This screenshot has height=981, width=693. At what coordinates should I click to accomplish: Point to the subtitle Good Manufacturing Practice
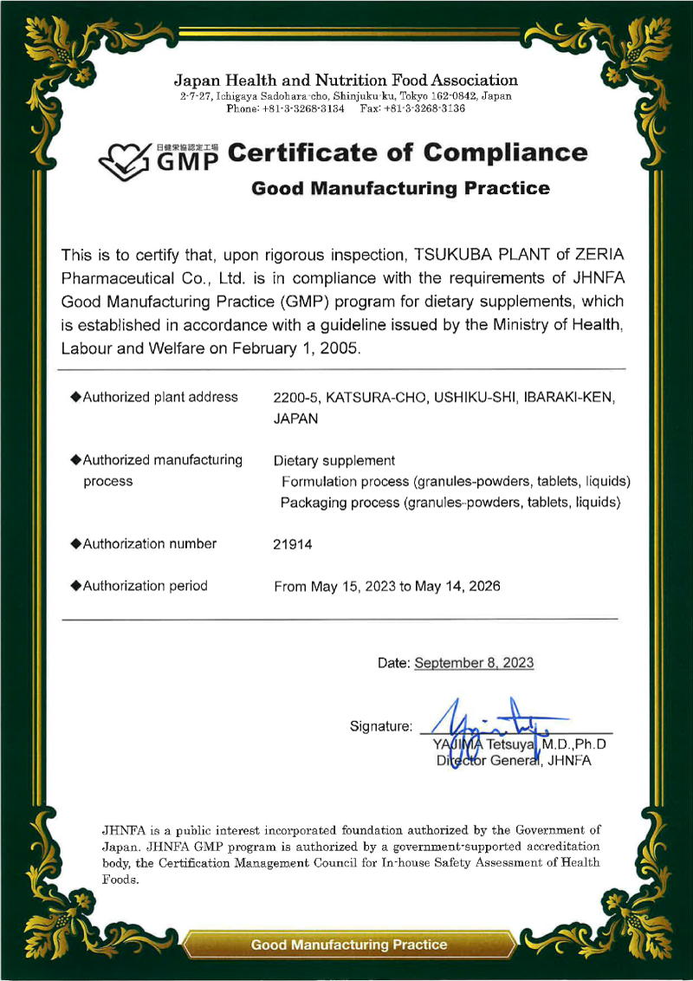click(x=400, y=188)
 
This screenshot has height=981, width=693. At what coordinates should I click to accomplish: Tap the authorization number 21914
click(x=292, y=544)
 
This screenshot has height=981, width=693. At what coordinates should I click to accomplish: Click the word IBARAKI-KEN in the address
click(x=572, y=398)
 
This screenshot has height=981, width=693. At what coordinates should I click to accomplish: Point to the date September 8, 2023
click(x=474, y=663)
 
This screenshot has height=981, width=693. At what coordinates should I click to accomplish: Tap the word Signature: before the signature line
click(x=381, y=724)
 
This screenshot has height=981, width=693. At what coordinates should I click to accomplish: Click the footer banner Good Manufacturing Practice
click(x=349, y=945)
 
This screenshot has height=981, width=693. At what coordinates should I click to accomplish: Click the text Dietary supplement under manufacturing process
click(x=334, y=460)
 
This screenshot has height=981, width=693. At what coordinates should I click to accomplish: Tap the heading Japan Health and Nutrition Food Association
click(x=346, y=81)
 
